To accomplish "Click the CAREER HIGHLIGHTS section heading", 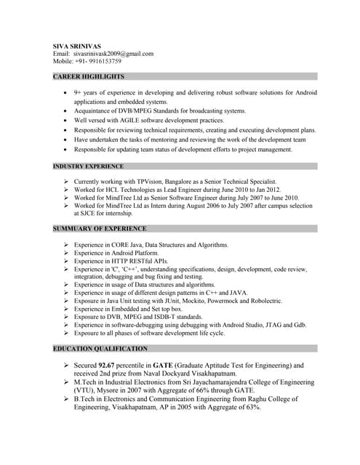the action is point(89,76).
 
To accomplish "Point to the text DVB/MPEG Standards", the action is point(140,110).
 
